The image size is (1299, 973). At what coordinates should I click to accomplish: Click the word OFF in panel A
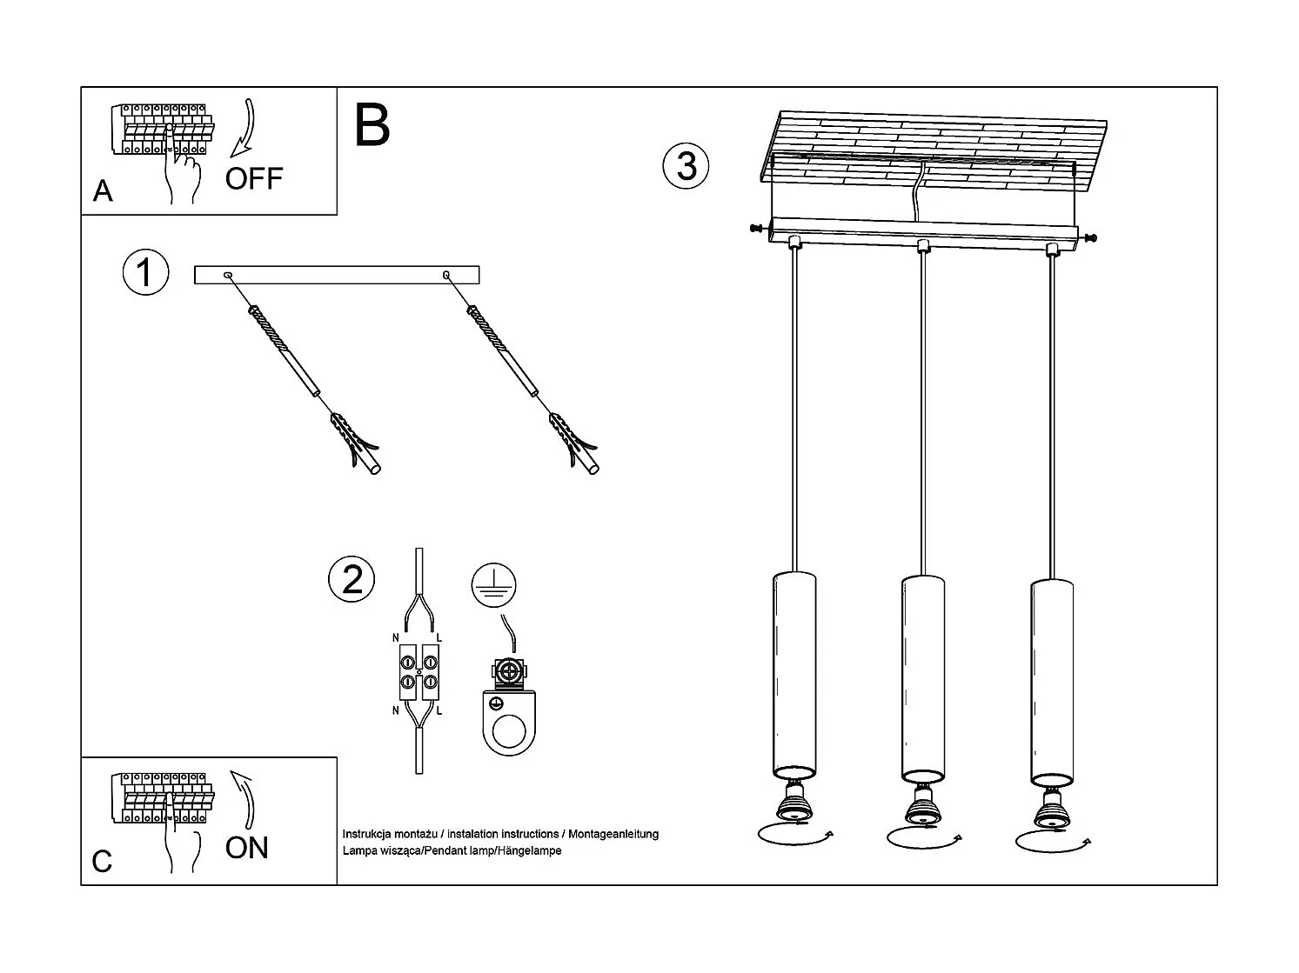click(x=254, y=178)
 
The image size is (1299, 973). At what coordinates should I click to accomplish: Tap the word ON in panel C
click(x=247, y=848)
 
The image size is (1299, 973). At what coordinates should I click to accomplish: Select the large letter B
click(x=372, y=126)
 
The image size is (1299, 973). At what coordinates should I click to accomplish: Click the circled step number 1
click(x=144, y=273)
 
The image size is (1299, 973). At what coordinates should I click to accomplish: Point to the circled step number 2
click(x=352, y=580)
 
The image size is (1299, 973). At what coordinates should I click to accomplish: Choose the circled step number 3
click(x=686, y=165)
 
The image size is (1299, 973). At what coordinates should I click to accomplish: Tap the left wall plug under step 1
click(x=358, y=444)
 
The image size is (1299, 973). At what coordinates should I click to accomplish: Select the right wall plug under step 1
click(x=575, y=444)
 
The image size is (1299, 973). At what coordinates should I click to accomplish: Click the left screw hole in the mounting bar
click(x=228, y=276)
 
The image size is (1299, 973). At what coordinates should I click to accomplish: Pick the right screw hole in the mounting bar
click(x=446, y=276)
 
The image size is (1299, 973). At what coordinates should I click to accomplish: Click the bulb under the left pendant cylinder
click(x=793, y=803)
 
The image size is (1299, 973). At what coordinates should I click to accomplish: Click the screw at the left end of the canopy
click(x=758, y=229)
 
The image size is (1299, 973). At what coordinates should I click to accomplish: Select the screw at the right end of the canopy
click(x=1088, y=237)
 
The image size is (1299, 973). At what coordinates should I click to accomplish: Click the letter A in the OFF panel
click(x=103, y=190)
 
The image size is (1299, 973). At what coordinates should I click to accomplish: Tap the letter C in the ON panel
click(x=102, y=861)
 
